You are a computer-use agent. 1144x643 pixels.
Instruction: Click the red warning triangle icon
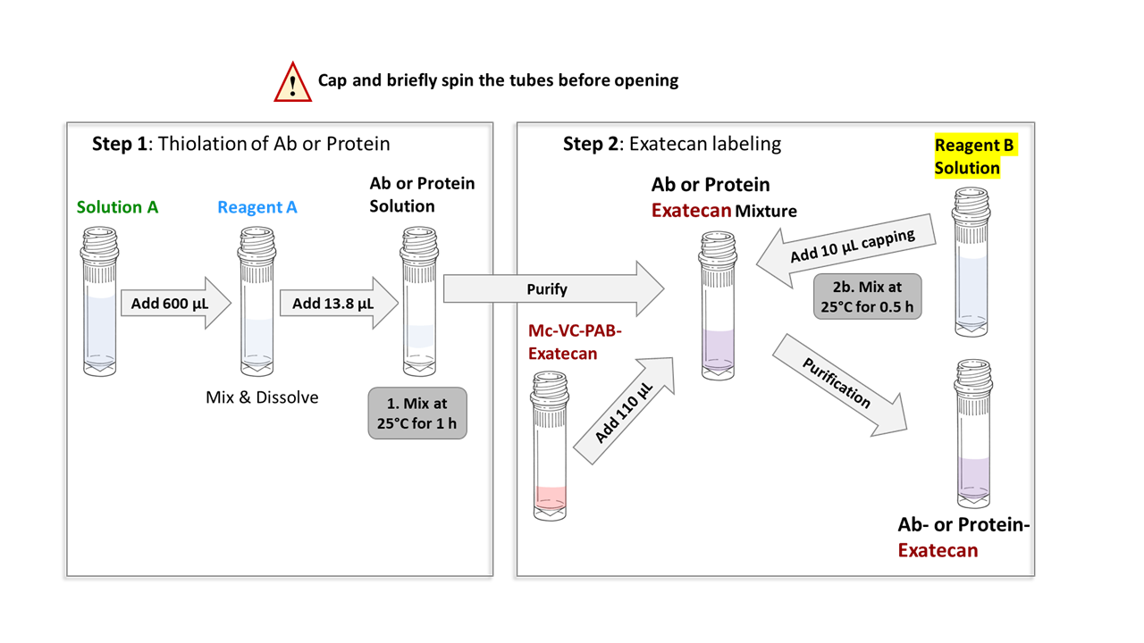[292, 83]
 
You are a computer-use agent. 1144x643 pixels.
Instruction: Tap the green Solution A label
[117, 207]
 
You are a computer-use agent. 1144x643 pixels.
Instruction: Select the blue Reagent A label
[257, 207]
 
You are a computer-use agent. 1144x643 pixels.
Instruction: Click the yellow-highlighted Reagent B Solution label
[975, 156]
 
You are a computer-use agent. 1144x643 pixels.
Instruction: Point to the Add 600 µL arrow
[176, 303]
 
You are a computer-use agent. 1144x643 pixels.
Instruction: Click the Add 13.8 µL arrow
[339, 303]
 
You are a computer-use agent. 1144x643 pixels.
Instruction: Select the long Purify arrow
[553, 288]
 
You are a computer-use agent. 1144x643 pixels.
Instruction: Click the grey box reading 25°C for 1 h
[417, 413]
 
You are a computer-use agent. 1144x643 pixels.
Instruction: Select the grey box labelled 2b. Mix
[867, 296]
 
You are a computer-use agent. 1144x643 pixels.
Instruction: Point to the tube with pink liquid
[550, 446]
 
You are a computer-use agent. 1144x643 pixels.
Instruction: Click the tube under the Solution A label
[99, 302]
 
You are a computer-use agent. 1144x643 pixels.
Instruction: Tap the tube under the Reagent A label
[257, 302]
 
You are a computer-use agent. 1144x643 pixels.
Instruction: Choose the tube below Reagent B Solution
[972, 263]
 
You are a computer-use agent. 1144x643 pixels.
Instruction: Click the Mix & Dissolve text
[262, 397]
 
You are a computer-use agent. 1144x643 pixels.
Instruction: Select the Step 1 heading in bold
[120, 144]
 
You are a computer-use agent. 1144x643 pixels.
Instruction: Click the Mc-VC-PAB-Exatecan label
[575, 342]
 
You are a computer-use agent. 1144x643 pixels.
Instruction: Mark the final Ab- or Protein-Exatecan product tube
[973, 434]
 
